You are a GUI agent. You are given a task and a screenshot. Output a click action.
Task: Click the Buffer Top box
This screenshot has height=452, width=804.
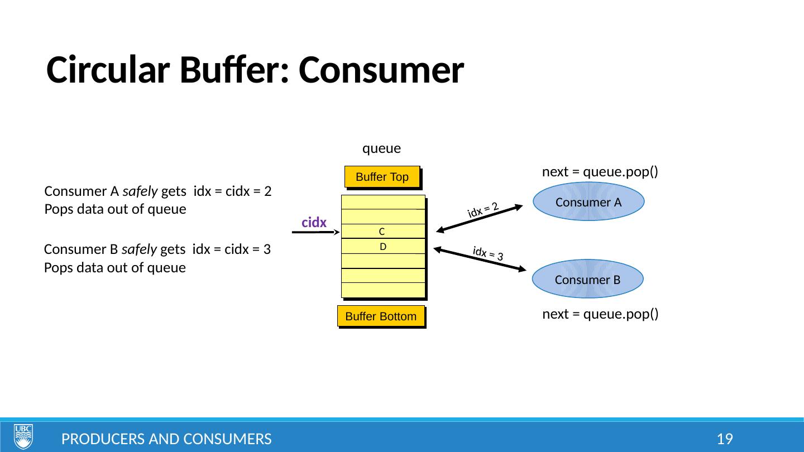pyautogui.click(x=382, y=177)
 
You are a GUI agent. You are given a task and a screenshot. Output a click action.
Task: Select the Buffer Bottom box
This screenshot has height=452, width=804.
pyautogui.click(x=381, y=316)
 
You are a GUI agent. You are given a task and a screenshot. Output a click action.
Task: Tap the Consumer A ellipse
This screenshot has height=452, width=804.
pyautogui.click(x=588, y=202)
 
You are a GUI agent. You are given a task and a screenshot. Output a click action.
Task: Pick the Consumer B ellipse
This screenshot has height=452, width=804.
pyautogui.click(x=587, y=280)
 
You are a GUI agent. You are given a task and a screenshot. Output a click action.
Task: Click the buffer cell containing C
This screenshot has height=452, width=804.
pyautogui.click(x=382, y=231)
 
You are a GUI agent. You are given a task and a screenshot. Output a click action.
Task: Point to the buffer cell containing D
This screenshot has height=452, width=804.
pyautogui.click(x=383, y=246)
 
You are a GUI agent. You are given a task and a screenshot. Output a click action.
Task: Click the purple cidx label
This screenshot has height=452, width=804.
pyautogui.click(x=314, y=222)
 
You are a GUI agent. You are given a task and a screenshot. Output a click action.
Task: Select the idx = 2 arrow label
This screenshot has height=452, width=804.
pyautogui.click(x=483, y=209)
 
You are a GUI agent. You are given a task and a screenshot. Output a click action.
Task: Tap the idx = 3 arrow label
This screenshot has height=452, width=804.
pyautogui.click(x=488, y=254)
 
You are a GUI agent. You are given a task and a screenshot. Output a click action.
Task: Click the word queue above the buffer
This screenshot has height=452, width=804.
pyautogui.click(x=382, y=148)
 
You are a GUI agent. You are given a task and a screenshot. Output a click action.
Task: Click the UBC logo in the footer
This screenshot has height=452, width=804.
pyautogui.click(x=23, y=436)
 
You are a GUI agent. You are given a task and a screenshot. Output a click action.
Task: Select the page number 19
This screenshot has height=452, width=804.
pyautogui.click(x=725, y=439)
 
